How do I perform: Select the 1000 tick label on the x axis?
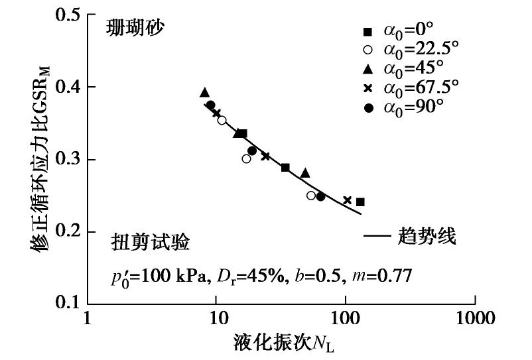click(474, 319)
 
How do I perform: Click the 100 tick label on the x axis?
click(345, 319)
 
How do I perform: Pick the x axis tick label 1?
click(88, 319)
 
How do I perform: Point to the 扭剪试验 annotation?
click(151, 243)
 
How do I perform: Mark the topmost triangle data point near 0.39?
click(204, 93)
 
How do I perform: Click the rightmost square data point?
click(360, 202)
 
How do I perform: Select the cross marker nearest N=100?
click(347, 200)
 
